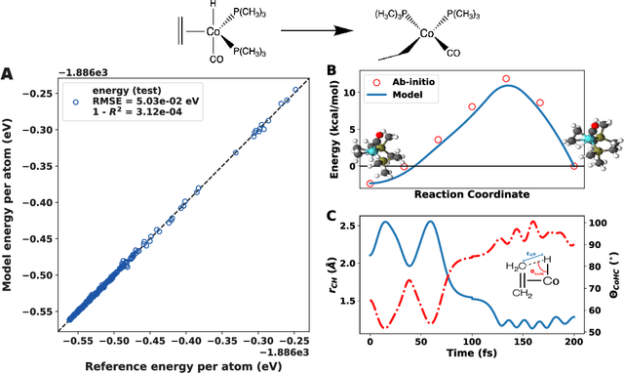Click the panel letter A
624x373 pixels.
9,73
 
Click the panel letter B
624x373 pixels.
331,71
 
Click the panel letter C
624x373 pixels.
331,216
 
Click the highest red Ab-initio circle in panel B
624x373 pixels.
506,78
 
